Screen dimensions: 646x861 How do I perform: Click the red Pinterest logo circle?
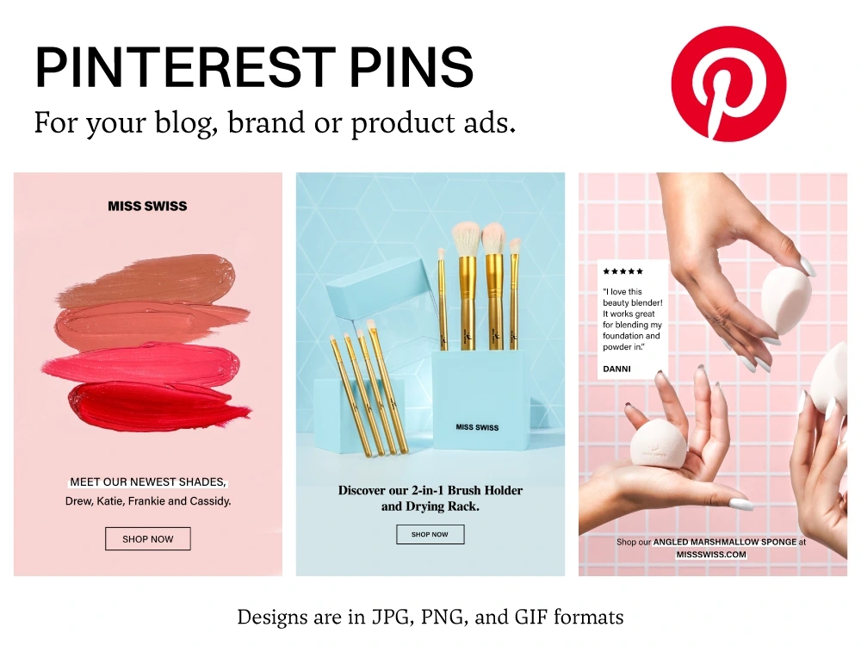pos(728,84)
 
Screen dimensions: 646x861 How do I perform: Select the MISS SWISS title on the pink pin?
pos(147,206)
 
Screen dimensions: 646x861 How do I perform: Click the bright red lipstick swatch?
pos(159,406)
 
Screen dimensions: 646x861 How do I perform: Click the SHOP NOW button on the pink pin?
pos(147,539)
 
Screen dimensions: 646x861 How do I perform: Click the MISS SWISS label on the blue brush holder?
pos(477,427)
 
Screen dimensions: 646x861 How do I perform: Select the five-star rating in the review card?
pos(623,271)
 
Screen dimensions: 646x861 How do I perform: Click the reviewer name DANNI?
pos(616,369)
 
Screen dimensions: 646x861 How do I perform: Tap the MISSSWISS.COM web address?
pos(711,555)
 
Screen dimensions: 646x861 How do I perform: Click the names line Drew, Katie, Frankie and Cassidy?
pos(148,501)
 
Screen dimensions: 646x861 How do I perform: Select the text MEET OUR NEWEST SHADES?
pos(147,482)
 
